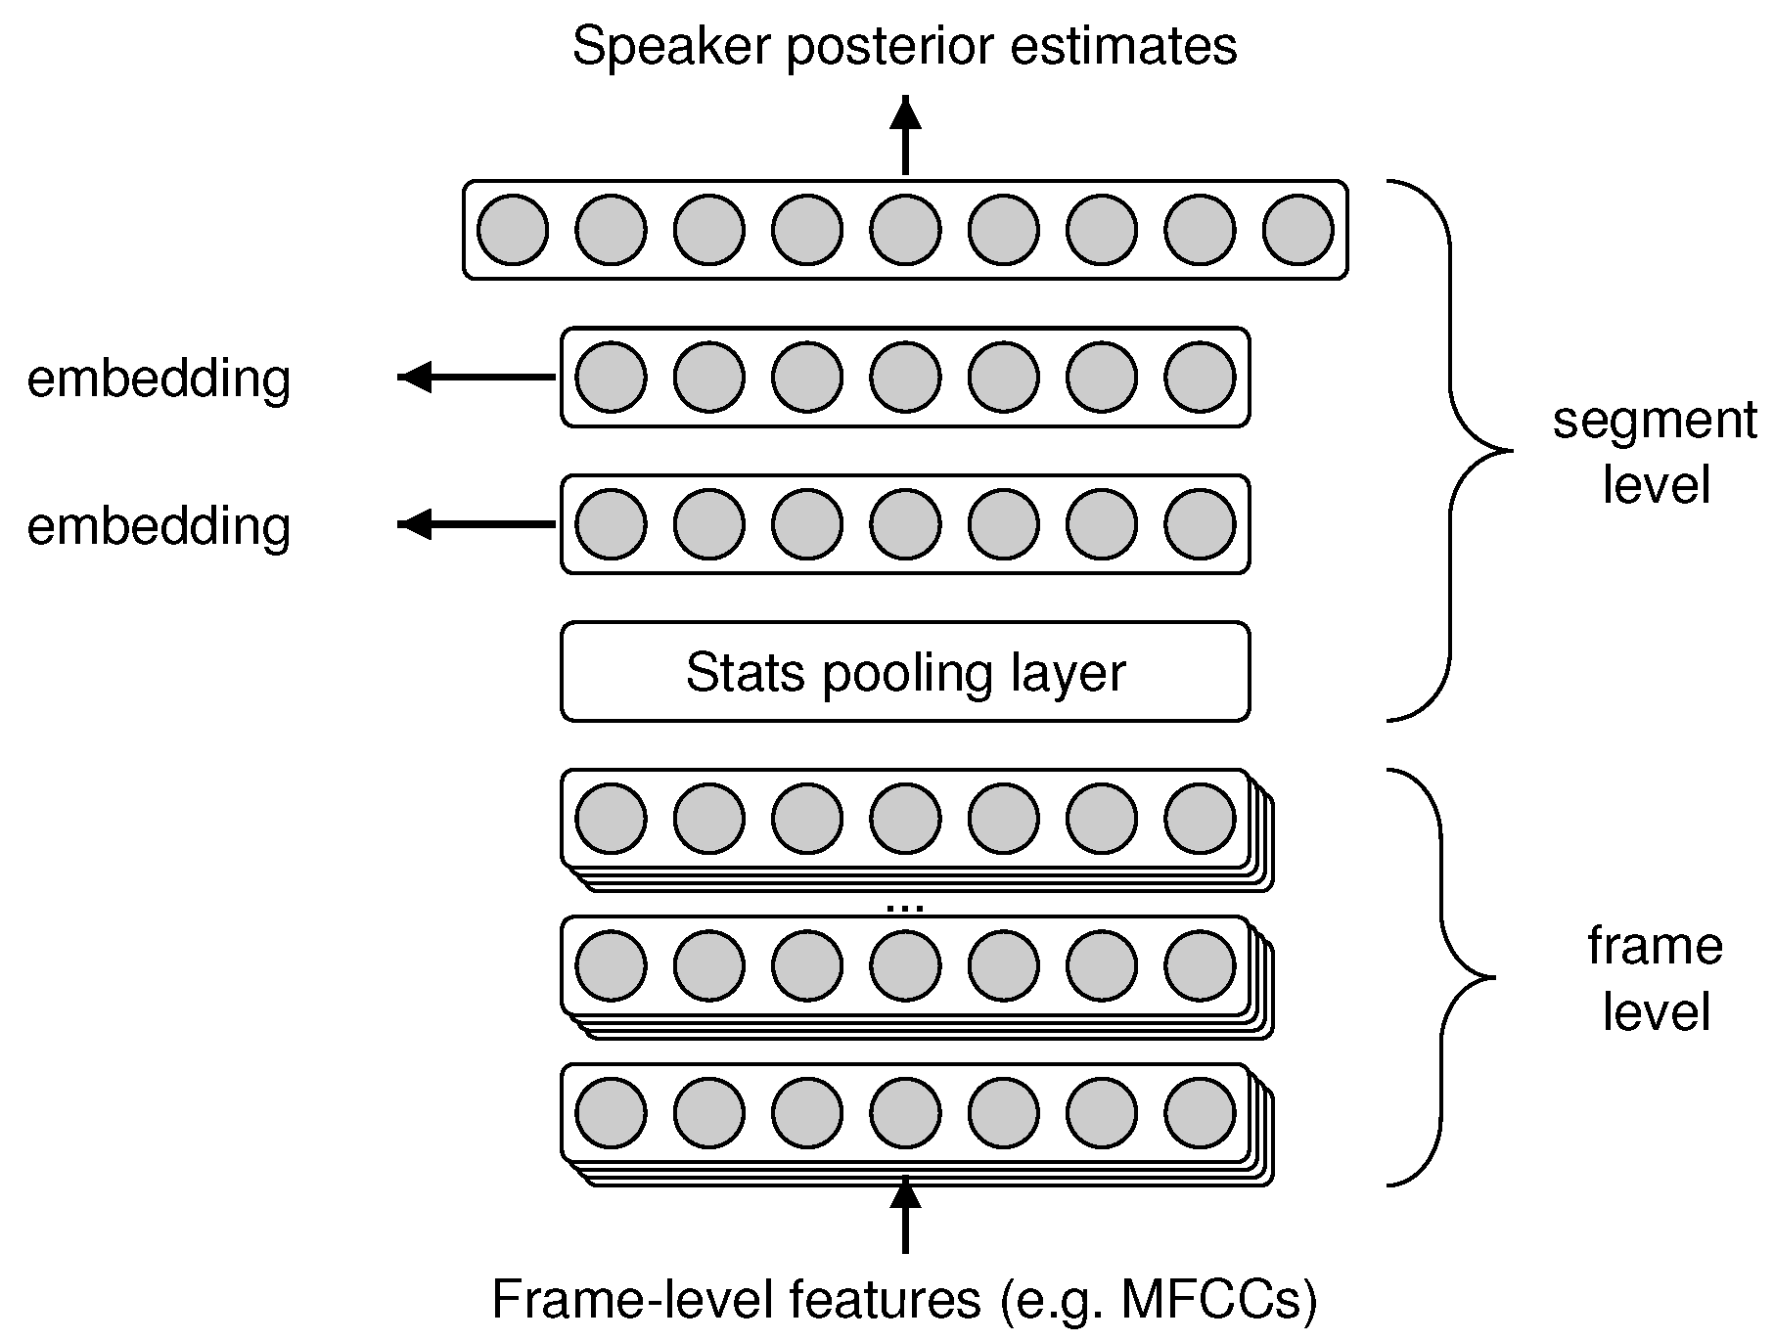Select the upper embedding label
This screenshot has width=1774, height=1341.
point(159,379)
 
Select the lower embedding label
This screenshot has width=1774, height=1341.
point(159,526)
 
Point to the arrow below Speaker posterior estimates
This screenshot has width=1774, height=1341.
point(905,137)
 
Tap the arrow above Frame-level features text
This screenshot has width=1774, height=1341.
point(905,1216)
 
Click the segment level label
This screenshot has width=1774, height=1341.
point(1655,452)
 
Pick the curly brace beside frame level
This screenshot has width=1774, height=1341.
point(1444,976)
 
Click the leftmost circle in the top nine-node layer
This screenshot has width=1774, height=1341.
point(513,230)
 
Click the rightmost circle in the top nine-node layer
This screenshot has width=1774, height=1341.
point(1297,230)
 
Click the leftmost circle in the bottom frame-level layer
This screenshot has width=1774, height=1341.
point(611,1113)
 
